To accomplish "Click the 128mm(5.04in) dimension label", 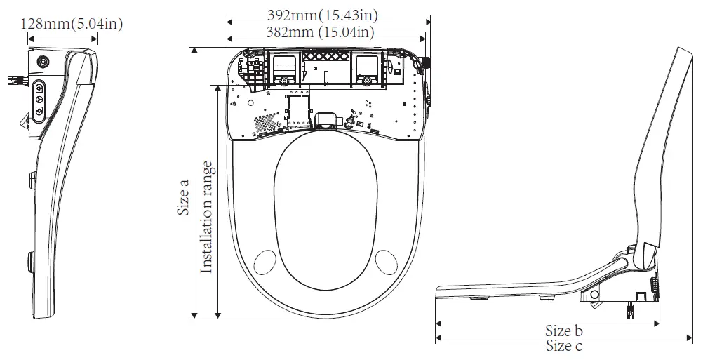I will pos(73,23).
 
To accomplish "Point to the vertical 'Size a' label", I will pos(183,196).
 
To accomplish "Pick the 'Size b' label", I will pos(565,331).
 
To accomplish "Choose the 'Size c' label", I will pos(565,345).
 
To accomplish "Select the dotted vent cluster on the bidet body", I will pos(265,124).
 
